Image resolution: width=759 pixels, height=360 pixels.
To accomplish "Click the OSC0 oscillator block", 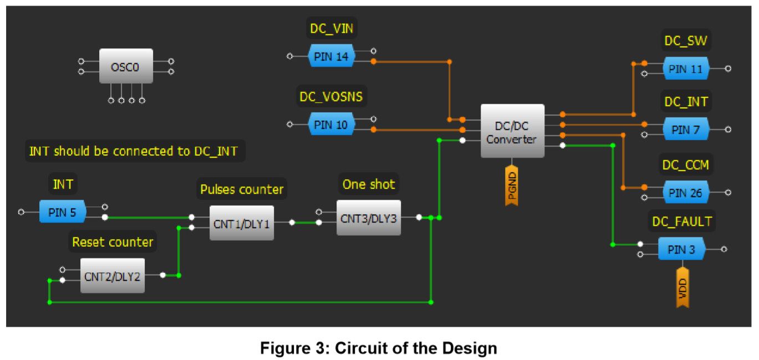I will coord(125,66).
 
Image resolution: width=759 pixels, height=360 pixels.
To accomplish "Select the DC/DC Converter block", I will coord(512,131).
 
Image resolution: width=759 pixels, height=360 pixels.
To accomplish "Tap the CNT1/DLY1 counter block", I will coord(241,223).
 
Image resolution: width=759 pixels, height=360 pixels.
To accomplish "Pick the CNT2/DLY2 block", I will coord(112,276).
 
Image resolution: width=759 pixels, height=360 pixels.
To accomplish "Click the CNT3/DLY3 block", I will coord(369,218).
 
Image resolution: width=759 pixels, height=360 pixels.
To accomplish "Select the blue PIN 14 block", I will coord(331,56).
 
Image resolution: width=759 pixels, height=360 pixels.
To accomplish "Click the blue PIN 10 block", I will coord(331,125).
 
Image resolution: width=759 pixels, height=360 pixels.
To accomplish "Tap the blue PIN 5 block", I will coord(63,212).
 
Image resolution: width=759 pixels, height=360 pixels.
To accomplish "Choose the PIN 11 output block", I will coord(686,69).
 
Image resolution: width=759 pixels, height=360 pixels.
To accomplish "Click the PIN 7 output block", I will coord(686,130).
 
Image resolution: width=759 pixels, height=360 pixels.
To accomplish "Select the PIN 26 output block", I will coord(686,192).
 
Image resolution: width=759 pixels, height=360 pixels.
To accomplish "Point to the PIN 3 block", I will coord(681,249).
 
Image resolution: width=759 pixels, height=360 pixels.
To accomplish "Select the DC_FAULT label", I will coord(681,222).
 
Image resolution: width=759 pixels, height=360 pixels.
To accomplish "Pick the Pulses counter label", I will coord(241,190).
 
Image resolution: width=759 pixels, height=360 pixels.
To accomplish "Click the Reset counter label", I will coord(113,242).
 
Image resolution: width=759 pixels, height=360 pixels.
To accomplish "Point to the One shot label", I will coord(369,185).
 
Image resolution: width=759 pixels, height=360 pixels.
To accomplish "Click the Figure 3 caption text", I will coord(379,348).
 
